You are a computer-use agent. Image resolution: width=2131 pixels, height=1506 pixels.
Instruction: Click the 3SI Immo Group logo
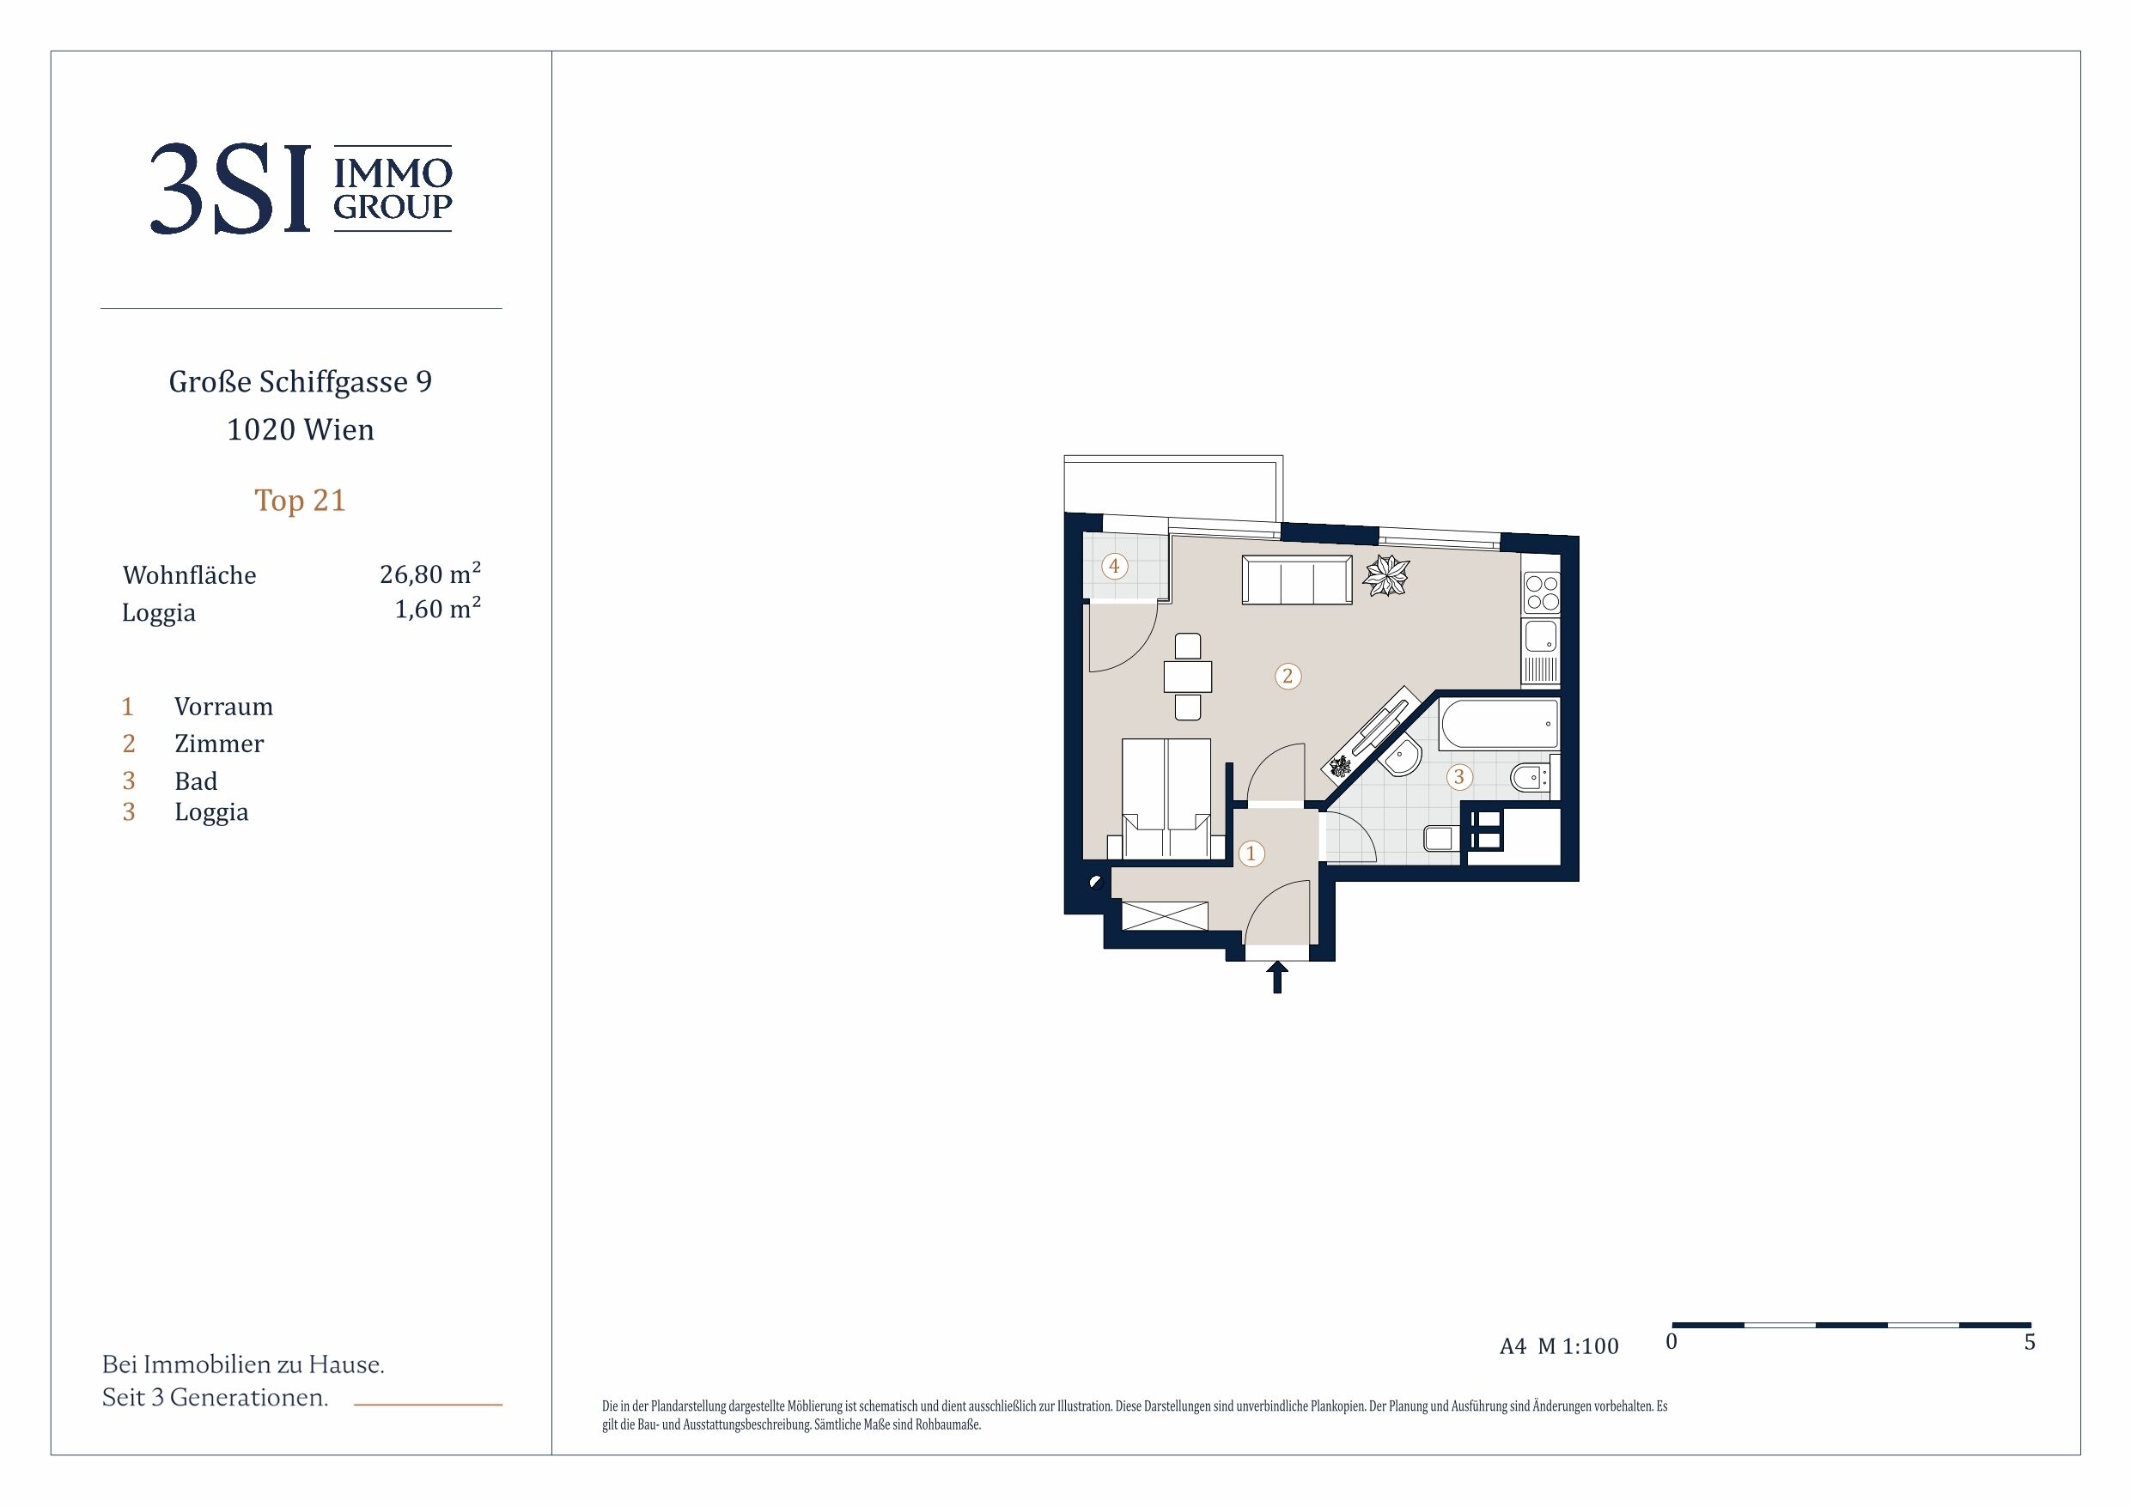tap(301, 188)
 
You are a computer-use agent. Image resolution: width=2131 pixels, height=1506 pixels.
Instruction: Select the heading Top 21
tap(300, 501)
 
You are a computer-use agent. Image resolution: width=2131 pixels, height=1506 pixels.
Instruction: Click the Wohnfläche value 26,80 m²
tap(429, 574)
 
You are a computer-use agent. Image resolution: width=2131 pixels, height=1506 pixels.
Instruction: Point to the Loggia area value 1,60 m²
tap(437, 609)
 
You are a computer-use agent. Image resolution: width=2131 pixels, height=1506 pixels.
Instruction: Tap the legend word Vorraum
tap(223, 707)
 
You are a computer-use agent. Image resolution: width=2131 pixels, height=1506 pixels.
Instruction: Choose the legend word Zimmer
tap(219, 744)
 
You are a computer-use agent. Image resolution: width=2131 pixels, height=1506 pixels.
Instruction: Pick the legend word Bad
tap(196, 781)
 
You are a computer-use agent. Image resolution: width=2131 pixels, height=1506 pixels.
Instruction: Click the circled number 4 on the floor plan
tap(1115, 566)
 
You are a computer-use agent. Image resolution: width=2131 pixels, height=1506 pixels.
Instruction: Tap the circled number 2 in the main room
tap(1288, 677)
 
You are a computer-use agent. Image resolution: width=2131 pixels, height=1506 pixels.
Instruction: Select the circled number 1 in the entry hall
tap(1251, 853)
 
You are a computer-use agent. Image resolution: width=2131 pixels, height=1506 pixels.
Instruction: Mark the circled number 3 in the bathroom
tap(1459, 777)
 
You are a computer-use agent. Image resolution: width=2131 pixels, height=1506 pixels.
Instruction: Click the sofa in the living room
tap(1297, 580)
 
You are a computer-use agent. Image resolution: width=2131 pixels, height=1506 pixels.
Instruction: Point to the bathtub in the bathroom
tap(1499, 724)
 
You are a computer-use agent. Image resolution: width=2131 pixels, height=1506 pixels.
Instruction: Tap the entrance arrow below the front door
tap(1277, 977)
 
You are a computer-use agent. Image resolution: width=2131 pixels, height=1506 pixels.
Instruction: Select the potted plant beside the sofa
tap(1385, 575)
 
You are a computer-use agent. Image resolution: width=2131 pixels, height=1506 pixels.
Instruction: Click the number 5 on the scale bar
tap(2030, 1343)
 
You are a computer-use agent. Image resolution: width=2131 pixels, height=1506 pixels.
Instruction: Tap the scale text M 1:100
tap(1578, 1346)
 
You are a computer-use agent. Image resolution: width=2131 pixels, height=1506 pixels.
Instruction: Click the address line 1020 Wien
tap(301, 429)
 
